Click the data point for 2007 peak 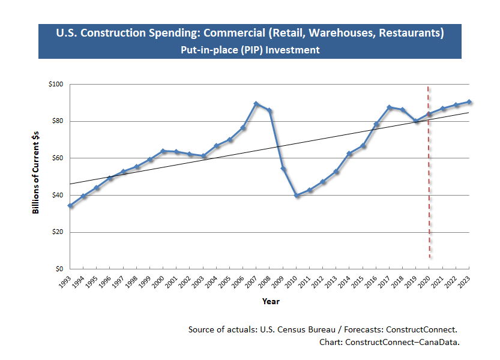[x=256, y=104]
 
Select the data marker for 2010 [x=297, y=196]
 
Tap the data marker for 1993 [x=70, y=205]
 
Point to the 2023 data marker [x=469, y=102]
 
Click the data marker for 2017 [x=389, y=107]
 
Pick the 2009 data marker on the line [x=283, y=169]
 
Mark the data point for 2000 [x=163, y=151]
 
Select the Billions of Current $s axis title [x=35, y=175]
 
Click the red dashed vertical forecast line [x=429, y=180]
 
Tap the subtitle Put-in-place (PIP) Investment [x=250, y=50]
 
